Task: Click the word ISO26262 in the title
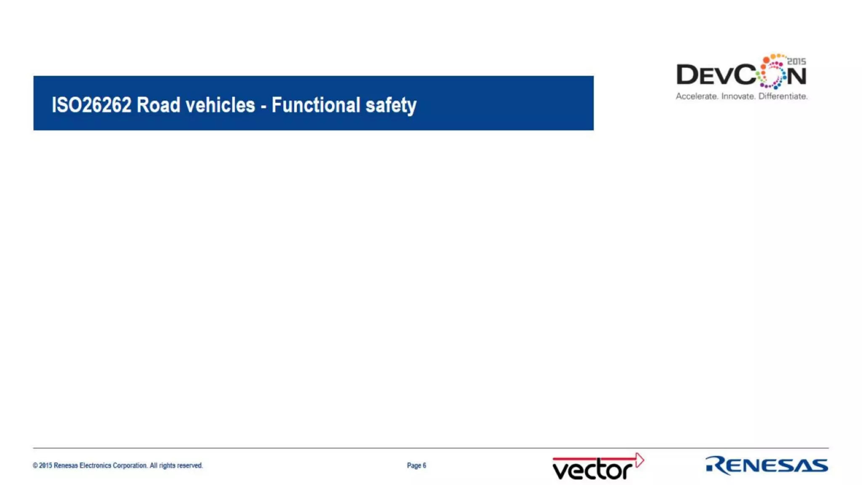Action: [91, 105]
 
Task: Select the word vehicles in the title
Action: [220, 105]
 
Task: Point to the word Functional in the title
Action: [316, 105]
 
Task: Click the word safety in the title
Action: [391, 105]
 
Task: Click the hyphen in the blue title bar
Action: [263, 106]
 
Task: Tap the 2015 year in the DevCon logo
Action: [796, 61]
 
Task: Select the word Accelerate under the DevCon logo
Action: [697, 96]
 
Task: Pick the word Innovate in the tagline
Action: [738, 96]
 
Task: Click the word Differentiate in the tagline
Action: [783, 96]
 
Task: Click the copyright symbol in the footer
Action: [35, 466]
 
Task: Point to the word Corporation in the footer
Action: [130, 466]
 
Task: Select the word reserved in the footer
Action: [190, 466]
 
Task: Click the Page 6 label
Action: [416, 466]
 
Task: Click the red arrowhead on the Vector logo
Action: [639, 460]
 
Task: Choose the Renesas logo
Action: [766, 465]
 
